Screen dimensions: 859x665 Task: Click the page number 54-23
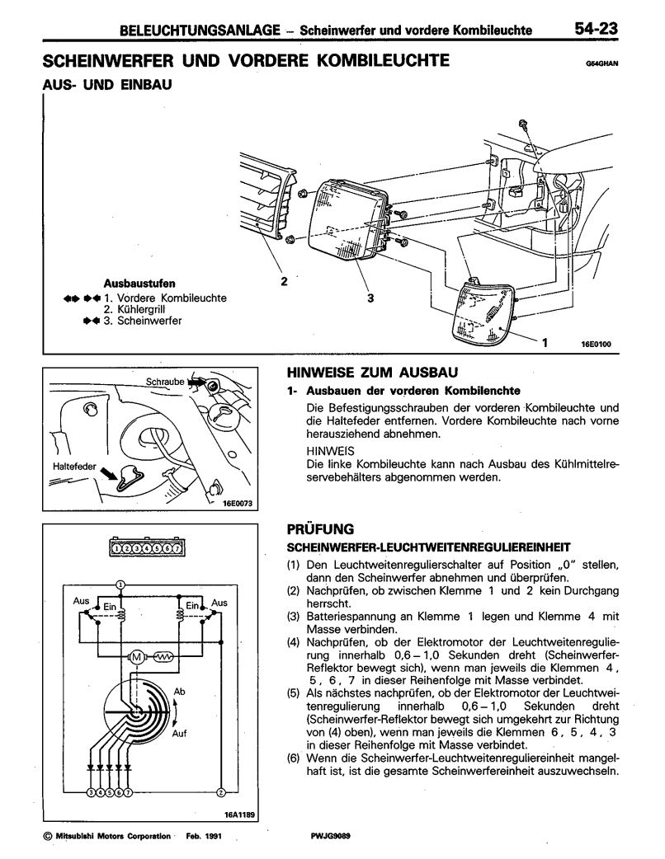[x=598, y=30]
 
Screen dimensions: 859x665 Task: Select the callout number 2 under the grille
[x=284, y=281]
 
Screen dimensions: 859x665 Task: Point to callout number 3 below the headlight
[x=370, y=299]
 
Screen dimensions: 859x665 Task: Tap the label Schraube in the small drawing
[x=165, y=383]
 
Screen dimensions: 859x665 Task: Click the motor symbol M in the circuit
[x=135, y=657]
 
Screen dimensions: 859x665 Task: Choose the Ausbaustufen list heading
[x=139, y=283]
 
